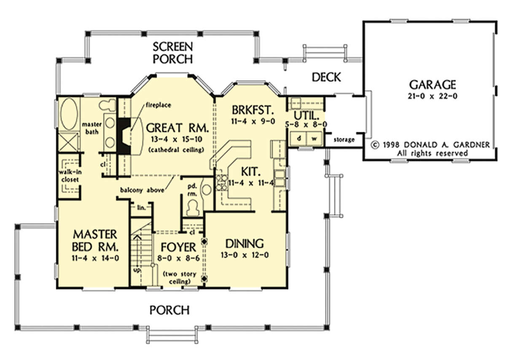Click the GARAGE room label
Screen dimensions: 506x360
point(433,85)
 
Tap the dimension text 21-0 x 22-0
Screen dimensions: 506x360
point(433,97)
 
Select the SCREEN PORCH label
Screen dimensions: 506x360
point(172,53)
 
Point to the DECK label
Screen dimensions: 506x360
point(326,77)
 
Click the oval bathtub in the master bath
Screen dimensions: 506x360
point(69,114)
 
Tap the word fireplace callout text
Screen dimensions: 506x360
point(159,105)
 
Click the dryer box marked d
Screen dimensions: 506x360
point(299,138)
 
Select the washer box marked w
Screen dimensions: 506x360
point(314,138)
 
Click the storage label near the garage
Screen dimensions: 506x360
point(344,140)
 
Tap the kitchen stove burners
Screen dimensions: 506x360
point(222,183)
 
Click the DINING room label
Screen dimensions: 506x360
point(245,244)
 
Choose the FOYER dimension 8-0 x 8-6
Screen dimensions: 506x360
point(178,258)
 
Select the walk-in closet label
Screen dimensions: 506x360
point(70,176)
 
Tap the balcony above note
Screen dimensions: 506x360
point(142,190)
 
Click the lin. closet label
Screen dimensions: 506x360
point(141,207)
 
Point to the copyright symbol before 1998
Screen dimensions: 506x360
point(375,145)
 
